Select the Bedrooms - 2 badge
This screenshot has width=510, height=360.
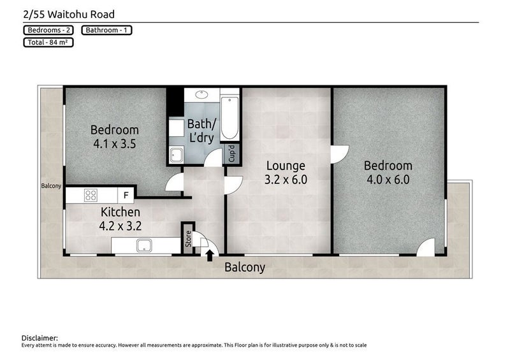click(48, 30)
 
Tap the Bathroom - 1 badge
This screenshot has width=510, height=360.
click(106, 30)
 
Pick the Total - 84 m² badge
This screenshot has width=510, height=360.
click(48, 43)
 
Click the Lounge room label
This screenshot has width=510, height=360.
click(286, 166)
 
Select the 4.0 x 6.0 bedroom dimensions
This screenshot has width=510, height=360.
click(388, 179)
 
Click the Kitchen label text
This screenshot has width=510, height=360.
click(120, 212)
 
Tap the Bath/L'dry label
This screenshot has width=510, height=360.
click(202, 130)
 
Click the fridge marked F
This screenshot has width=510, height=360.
click(126, 195)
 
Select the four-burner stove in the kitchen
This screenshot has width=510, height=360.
click(91, 195)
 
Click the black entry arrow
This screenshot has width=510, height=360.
click(210, 256)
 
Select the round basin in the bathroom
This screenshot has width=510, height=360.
click(201, 96)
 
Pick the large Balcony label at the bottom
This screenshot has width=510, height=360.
click(244, 268)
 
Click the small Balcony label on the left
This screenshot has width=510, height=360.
click(51, 186)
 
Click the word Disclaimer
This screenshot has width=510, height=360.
click(40, 337)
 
